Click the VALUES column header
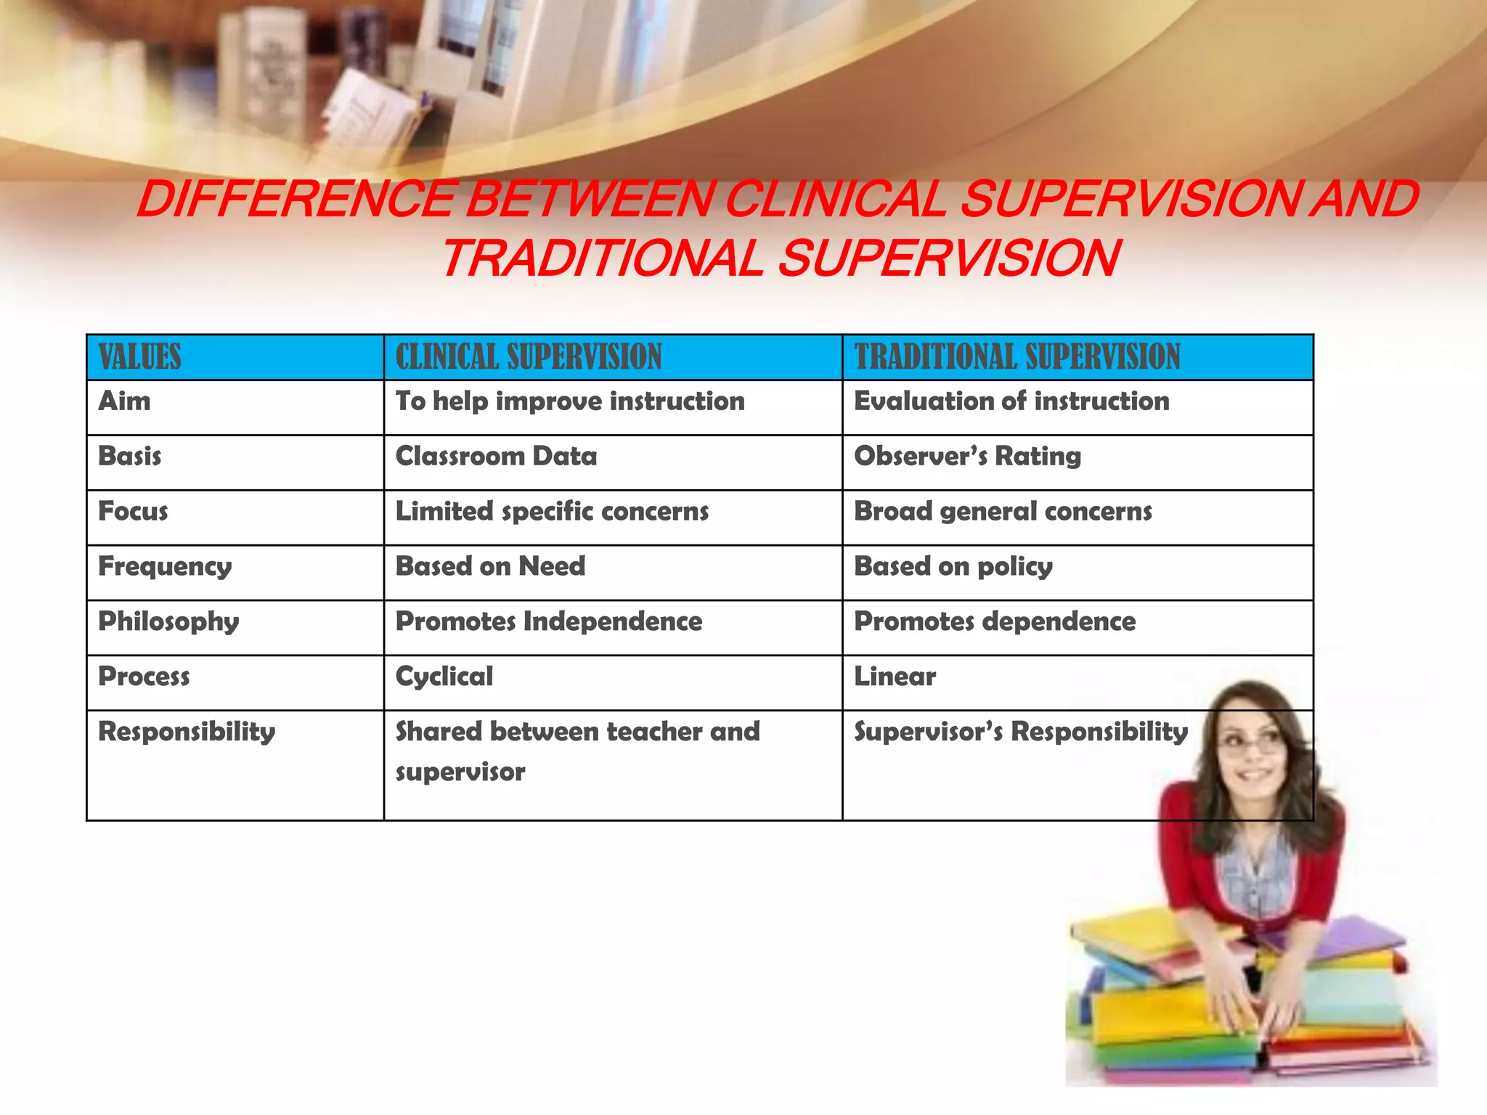(140, 357)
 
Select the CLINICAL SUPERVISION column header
(529, 357)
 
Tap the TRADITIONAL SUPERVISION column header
(1017, 357)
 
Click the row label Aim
(125, 401)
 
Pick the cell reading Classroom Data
(496, 457)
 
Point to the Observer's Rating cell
(967, 457)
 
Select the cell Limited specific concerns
(552, 512)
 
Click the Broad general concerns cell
(1003, 512)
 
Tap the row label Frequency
(165, 567)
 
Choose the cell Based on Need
(490, 567)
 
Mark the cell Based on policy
(953, 567)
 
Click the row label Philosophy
(168, 622)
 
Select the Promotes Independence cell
(548, 622)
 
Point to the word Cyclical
(444, 677)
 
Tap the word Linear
(895, 677)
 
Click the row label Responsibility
(187, 732)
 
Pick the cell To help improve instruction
(570, 401)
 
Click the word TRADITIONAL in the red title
(603, 259)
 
